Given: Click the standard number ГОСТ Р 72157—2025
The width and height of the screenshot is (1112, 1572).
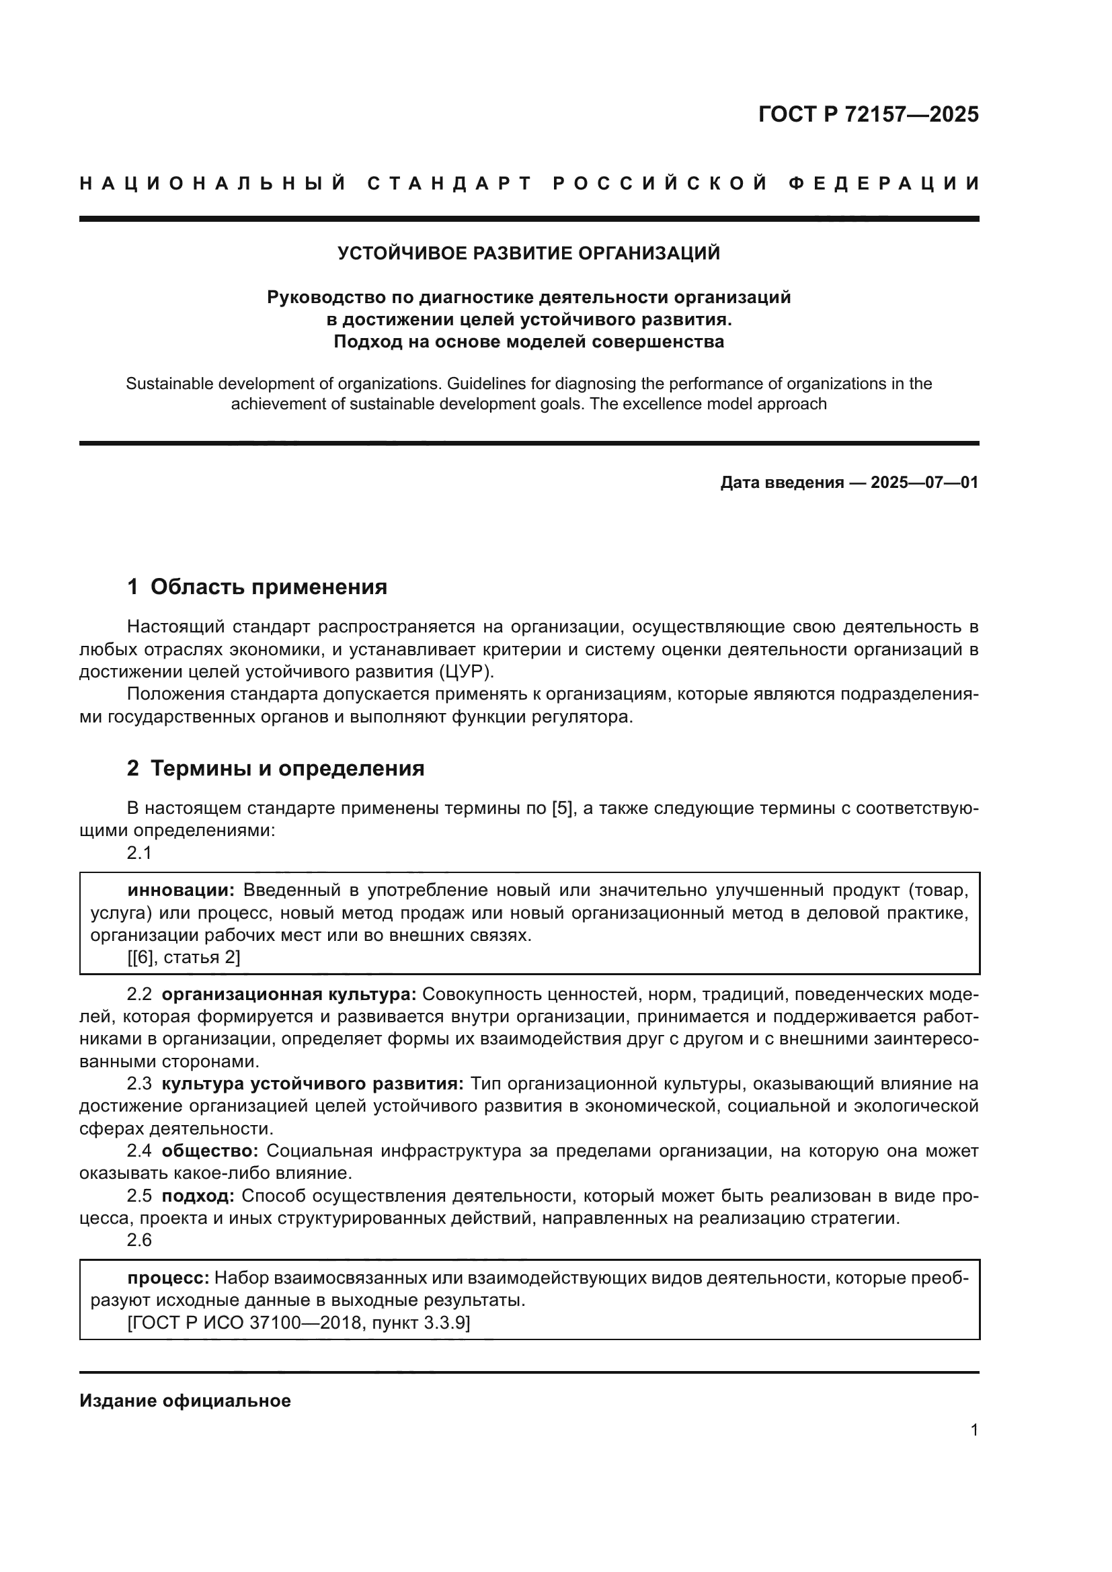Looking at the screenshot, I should [868, 114].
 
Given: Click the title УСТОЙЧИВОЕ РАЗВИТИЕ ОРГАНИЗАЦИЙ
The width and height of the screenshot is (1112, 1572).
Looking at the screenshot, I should [528, 253].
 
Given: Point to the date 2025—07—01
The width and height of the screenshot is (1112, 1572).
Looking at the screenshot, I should [924, 483].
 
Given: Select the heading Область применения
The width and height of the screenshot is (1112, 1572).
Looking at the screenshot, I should [268, 587].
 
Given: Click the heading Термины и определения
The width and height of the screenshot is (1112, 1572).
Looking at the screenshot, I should [287, 768].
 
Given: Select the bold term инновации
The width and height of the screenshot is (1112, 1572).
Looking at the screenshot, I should [181, 890].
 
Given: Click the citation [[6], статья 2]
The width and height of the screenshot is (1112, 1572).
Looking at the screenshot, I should [184, 957].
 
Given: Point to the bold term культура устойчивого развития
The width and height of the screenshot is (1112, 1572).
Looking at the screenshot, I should [313, 1084].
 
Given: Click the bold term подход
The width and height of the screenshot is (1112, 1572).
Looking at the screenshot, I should [198, 1196].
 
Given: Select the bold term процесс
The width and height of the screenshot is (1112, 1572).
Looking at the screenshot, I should [169, 1278].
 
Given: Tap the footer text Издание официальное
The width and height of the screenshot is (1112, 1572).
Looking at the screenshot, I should [185, 1401].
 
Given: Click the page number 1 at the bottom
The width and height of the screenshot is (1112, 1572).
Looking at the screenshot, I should [974, 1430].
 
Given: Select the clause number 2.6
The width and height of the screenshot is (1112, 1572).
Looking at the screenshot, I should [139, 1240].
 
